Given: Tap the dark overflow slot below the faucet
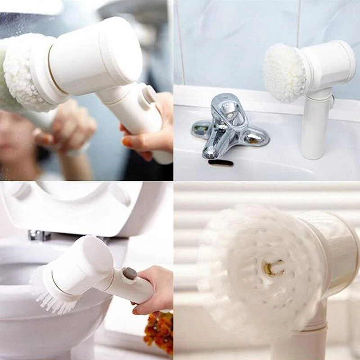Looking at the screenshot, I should click(x=220, y=162).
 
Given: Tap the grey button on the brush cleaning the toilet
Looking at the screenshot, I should click(x=130, y=274).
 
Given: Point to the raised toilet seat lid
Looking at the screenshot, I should click(x=81, y=207).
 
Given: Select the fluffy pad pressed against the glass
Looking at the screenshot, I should click(x=22, y=72).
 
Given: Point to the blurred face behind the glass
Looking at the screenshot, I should click(x=18, y=135).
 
